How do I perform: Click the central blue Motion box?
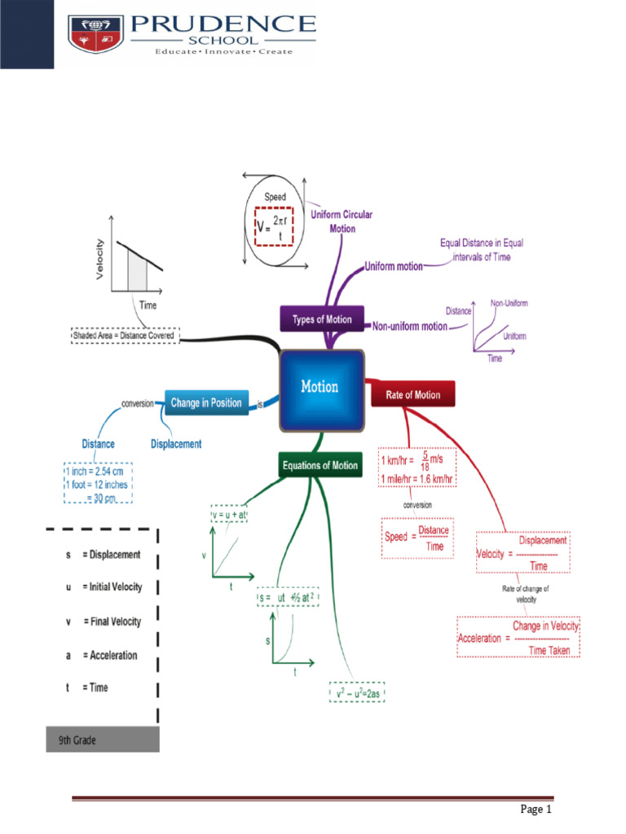pyautogui.click(x=320, y=388)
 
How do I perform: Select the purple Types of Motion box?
pyautogui.click(x=322, y=319)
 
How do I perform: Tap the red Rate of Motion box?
pyautogui.click(x=413, y=395)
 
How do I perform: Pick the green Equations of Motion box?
pyautogui.click(x=320, y=466)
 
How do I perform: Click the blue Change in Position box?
pyautogui.click(x=206, y=402)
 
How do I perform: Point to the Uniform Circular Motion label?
pyautogui.click(x=342, y=222)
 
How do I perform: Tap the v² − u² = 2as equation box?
pyautogui.click(x=357, y=693)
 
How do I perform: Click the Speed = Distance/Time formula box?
pyautogui.click(x=417, y=538)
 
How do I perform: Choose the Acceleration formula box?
pyautogui.click(x=518, y=638)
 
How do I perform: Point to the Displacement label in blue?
pyautogui.click(x=176, y=445)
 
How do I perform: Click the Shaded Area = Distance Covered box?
pyautogui.click(x=124, y=335)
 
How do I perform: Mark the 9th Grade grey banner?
pyautogui.click(x=103, y=740)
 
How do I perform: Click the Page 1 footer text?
pyautogui.click(x=536, y=810)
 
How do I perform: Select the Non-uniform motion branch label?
pyautogui.click(x=410, y=327)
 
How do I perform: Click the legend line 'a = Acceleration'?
pyautogui.click(x=102, y=655)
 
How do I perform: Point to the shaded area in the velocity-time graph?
pyautogui.click(x=137, y=271)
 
